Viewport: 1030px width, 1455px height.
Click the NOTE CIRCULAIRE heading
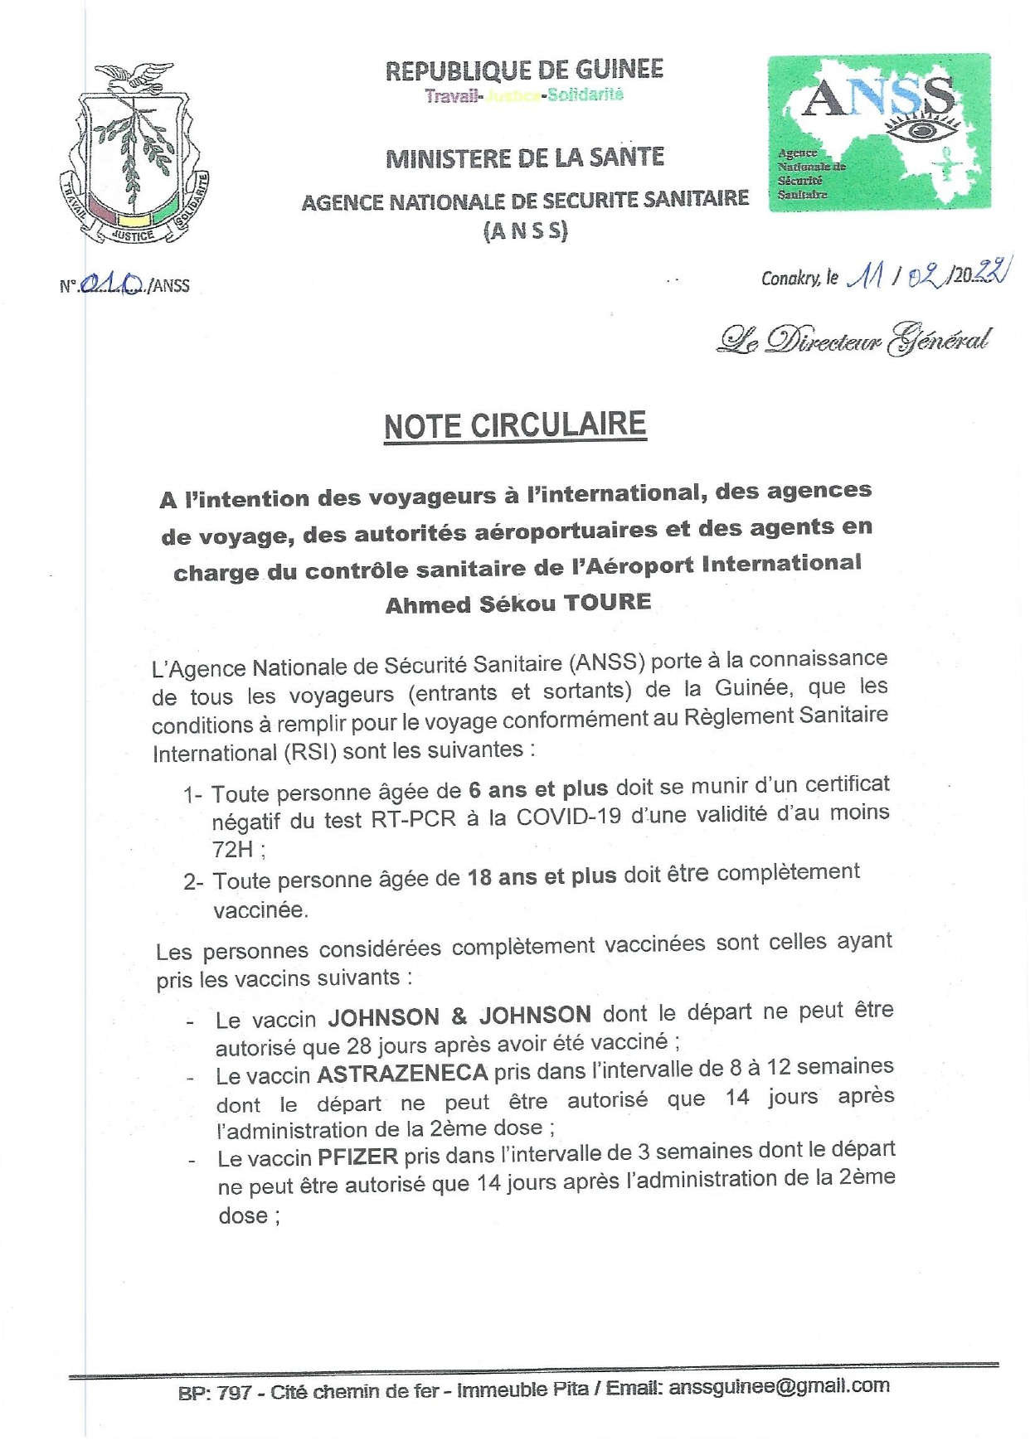[x=514, y=426]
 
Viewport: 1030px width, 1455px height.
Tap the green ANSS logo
[x=878, y=133]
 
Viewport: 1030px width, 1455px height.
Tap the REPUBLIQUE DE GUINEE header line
[x=524, y=70]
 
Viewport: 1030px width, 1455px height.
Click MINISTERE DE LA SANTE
[x=525, y=158]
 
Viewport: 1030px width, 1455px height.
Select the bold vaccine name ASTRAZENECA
[x=402, y=1074]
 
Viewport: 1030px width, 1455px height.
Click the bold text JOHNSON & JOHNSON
[x=459, y=1016]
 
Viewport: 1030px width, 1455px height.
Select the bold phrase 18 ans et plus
[x=542, y=876]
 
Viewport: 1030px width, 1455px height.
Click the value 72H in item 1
[x=232, y=849]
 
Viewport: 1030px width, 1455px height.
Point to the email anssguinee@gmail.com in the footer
[x=779, y=1385]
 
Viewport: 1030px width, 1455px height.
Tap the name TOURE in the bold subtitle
[x=607, y=603]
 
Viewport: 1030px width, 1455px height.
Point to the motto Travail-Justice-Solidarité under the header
[x=524, y=95]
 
